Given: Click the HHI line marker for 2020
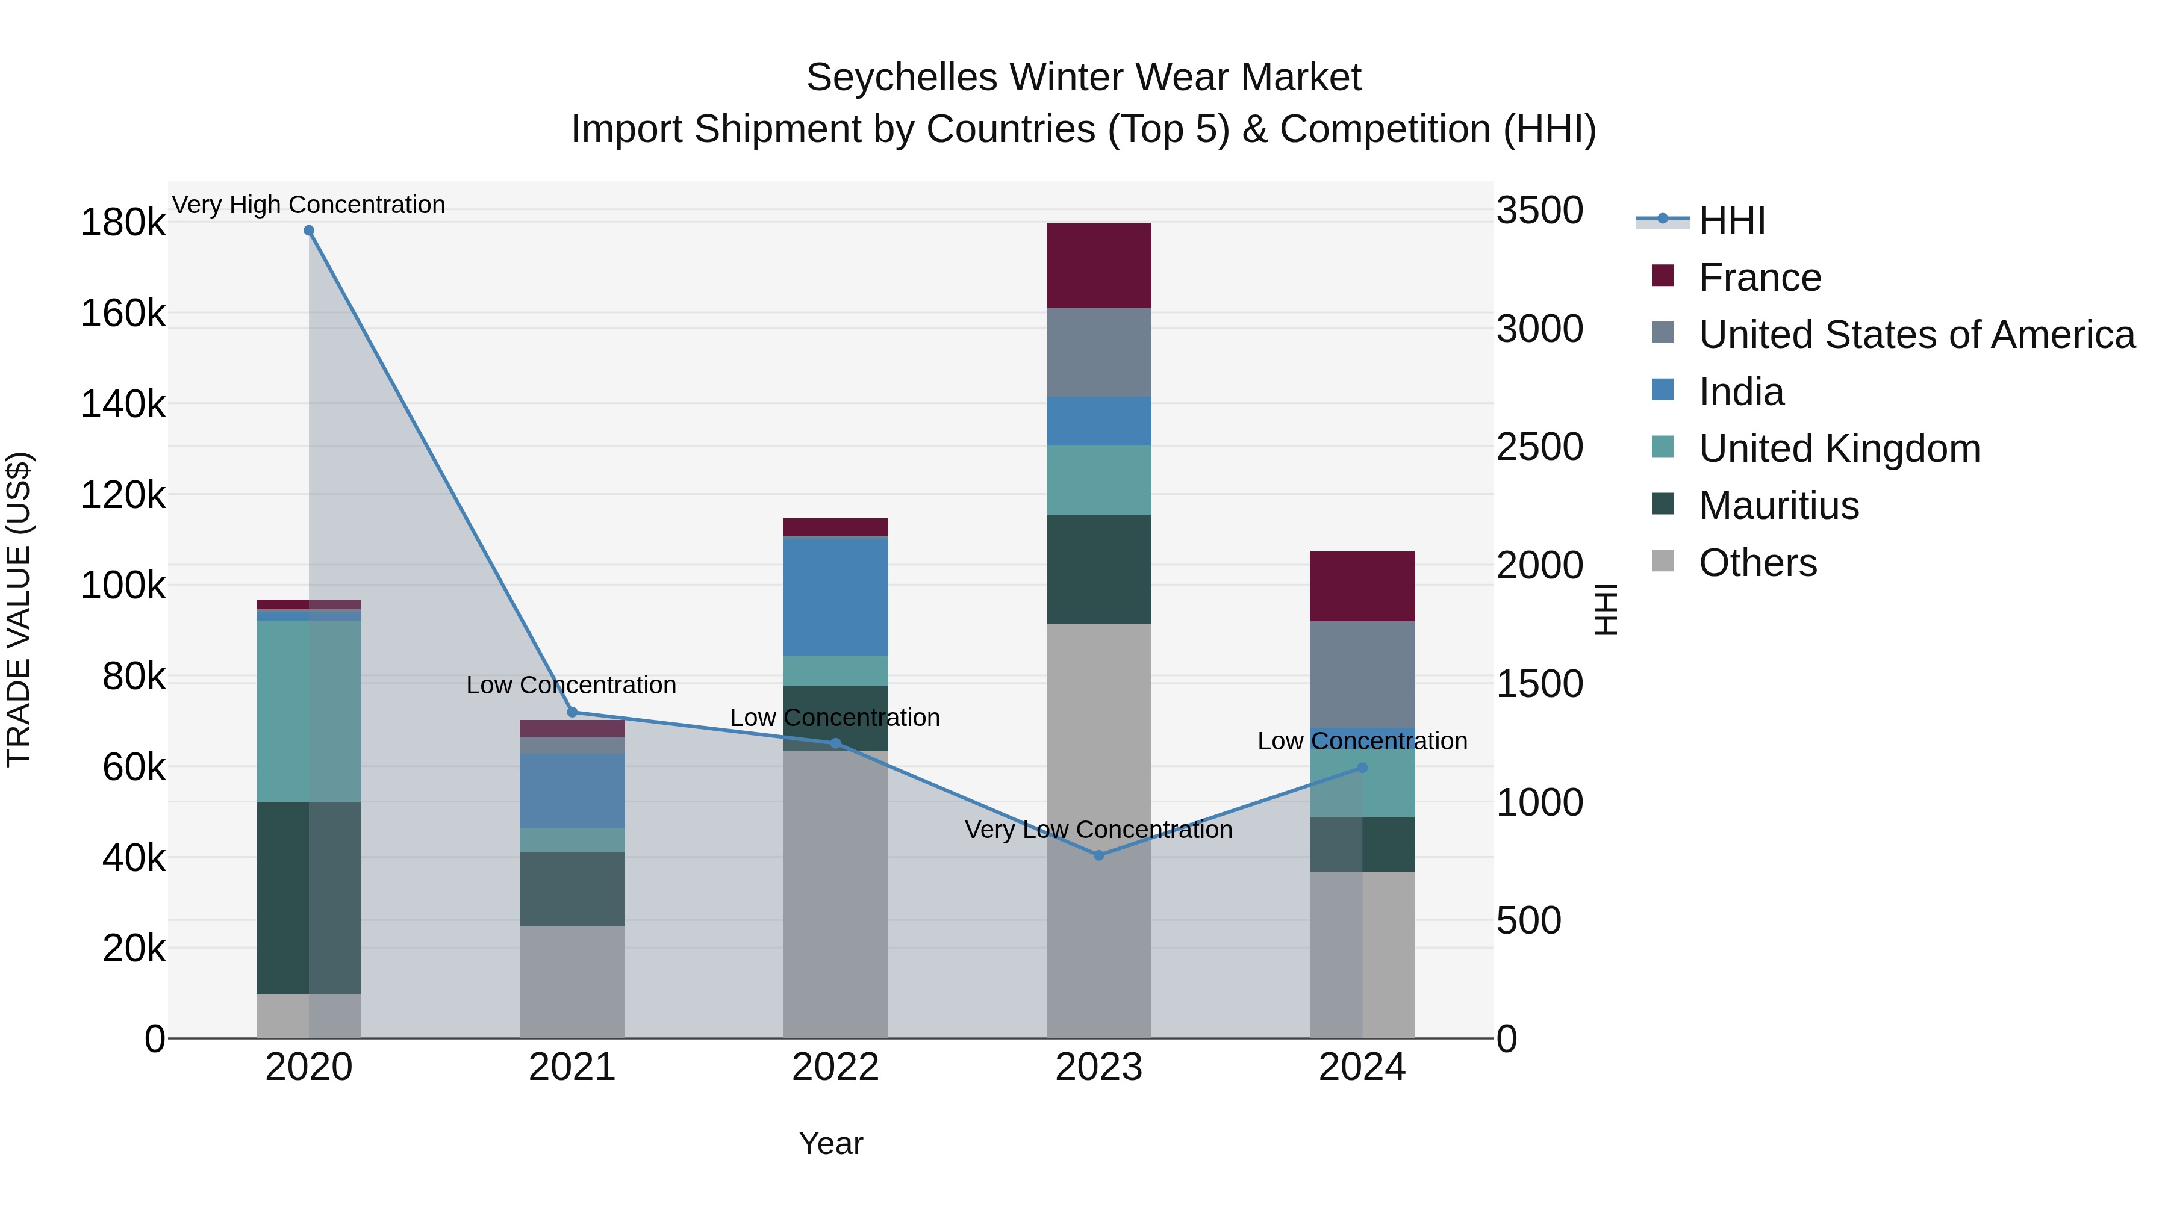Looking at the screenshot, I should (309, 231).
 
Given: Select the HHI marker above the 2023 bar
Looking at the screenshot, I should (1098, 855).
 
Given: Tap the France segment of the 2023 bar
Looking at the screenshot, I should (1098, 266).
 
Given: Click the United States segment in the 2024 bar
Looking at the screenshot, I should (1362, 674).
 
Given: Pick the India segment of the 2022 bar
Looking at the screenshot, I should (835, 595).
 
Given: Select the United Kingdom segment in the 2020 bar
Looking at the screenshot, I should (309, 711).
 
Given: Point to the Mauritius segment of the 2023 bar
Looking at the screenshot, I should (1098, 569).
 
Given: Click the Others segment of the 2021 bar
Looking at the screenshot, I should (572, 981).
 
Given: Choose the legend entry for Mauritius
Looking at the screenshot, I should (1778, 506).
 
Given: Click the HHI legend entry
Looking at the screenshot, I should (1731, 220).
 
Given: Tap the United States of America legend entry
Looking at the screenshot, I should (1916, 335).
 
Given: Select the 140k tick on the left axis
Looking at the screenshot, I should (123, 405).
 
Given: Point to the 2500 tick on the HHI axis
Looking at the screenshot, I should (1539, 447).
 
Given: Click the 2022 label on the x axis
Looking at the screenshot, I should (835, 1067).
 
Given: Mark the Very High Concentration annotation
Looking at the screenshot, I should (309, 205).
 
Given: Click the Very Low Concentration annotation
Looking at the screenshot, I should (1098, 830).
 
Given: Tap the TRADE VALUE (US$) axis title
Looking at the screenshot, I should (19, 609).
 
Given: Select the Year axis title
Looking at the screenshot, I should (830, 1143).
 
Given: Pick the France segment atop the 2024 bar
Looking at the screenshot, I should (1362, 586).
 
